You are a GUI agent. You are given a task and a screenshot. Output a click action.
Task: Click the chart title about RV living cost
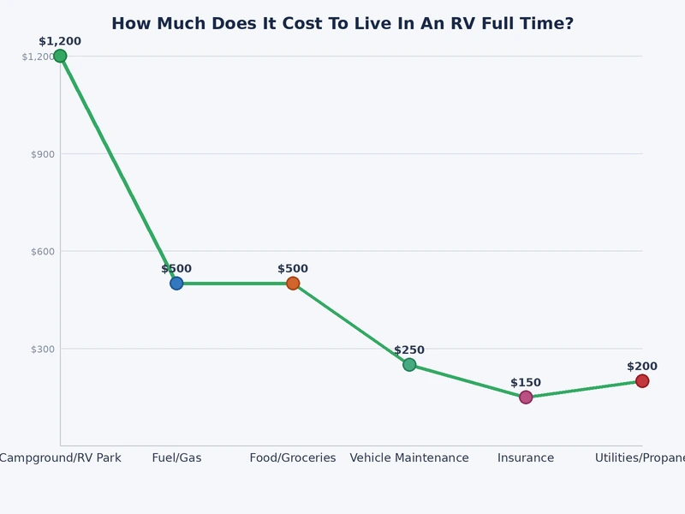[342, 24]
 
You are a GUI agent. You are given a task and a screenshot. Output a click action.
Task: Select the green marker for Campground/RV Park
[60, 56]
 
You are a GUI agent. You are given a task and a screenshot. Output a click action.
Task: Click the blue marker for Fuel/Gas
[176, 284]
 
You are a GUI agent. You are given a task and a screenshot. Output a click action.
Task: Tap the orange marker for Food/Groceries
[293, 284]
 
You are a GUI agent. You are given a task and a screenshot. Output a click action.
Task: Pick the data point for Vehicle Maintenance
[409, 365]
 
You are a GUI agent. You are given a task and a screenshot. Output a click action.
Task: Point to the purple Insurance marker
[526, 397]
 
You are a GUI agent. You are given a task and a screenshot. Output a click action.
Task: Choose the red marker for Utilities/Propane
[642, 381]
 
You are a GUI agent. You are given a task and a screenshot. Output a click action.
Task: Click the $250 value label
[409, 350]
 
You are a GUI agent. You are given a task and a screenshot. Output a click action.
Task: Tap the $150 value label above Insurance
[526, 383]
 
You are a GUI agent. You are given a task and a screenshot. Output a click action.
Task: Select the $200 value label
[642, 367]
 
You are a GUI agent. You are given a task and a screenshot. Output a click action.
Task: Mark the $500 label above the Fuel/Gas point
[176, 269]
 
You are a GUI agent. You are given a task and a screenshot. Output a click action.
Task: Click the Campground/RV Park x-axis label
[60, 458]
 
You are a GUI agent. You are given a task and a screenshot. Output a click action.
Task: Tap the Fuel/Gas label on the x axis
[176, 458]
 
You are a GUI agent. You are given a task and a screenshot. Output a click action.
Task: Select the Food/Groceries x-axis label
[293, 458]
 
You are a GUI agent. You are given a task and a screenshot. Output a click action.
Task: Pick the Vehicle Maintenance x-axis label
[409, 458]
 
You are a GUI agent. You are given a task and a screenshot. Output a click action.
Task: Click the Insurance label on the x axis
[526, 458]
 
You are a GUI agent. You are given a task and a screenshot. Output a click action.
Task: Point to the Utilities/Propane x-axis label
[640, 458]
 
